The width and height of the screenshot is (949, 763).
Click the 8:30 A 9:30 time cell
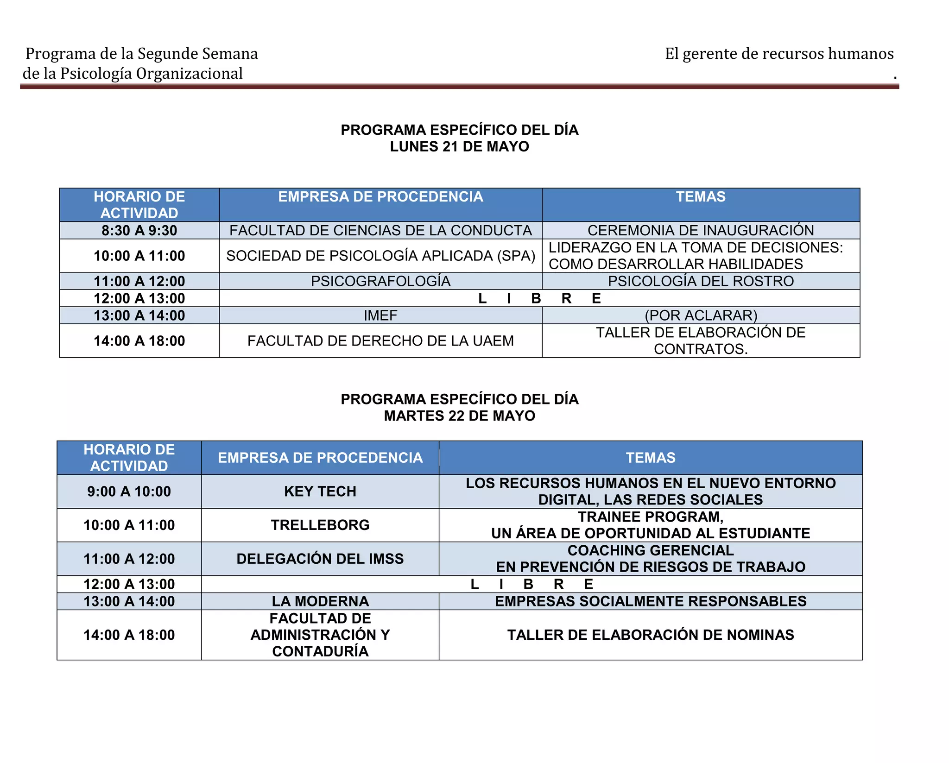(139, 230)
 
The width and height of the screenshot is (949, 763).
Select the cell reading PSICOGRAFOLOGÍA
(380, 281)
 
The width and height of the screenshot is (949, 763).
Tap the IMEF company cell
(380, 315)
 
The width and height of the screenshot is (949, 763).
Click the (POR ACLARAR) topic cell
(701, 315)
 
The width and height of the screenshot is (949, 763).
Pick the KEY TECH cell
(320, 492)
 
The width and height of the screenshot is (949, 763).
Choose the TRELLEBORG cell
(320, 525)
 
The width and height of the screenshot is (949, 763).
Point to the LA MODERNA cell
(320, 601)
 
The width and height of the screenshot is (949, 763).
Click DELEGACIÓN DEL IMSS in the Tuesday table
(320, 559)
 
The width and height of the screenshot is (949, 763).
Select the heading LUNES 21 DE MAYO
(459, 146)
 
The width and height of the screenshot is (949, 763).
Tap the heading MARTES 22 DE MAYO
(459, 416)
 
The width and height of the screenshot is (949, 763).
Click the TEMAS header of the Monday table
(701, 197)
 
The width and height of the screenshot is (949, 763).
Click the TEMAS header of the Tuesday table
(651, 458)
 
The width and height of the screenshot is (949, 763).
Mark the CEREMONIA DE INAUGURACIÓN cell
(701, 230)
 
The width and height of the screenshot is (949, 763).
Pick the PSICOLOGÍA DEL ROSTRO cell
(701, 281)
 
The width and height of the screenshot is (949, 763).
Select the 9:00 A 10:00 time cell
(129, 492)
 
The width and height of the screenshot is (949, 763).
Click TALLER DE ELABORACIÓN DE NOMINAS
(651, 635)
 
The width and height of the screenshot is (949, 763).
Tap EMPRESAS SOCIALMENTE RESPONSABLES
(651, 601)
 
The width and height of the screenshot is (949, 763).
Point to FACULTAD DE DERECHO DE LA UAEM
(380, 341)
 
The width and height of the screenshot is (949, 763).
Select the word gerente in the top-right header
(710, 54)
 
